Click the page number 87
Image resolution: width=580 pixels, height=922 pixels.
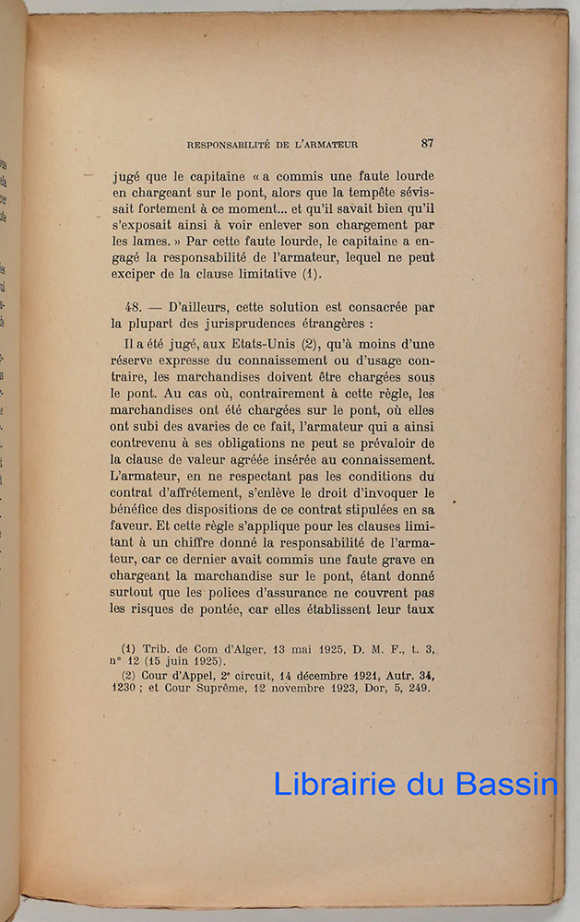tap(427, 143)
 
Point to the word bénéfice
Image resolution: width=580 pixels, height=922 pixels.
tap(139, 509)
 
